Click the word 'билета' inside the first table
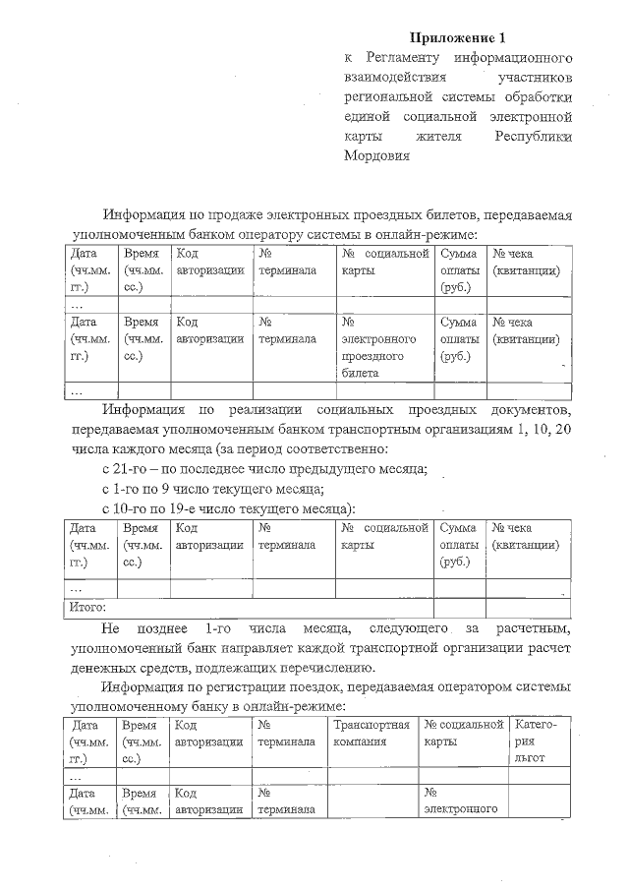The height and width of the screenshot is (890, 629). coord(360,374)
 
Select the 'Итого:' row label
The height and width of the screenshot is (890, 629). coord(87,608)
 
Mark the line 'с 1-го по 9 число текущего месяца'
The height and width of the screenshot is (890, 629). coord(213,489)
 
